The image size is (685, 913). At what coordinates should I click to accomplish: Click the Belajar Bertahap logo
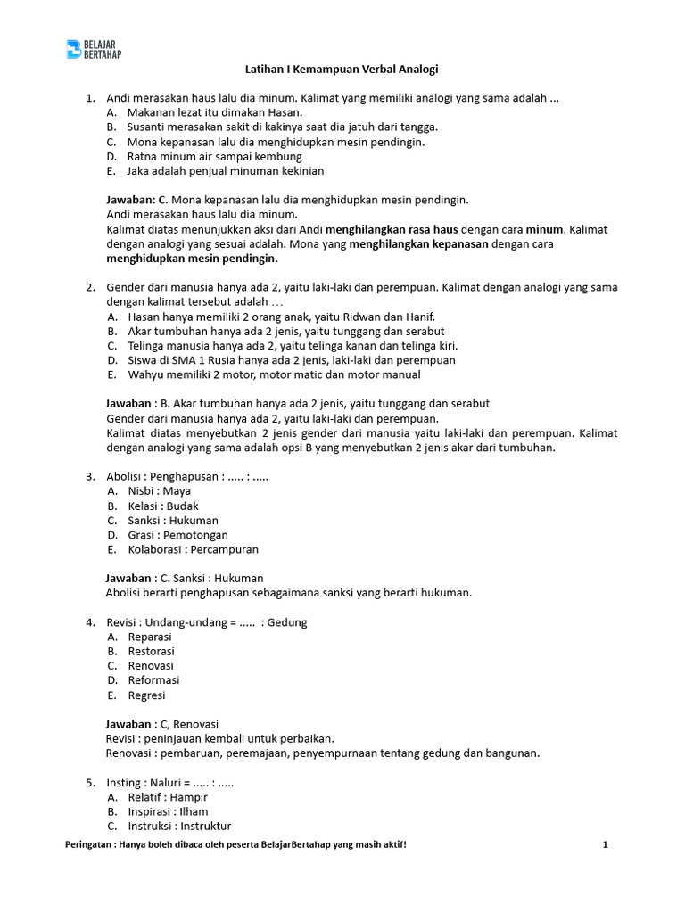[94, 49]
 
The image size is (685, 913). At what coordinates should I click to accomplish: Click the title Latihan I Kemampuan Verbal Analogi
[342, 69]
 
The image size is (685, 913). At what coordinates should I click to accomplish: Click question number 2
[90, 287]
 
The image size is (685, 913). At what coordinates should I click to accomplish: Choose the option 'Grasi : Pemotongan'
[177, 535]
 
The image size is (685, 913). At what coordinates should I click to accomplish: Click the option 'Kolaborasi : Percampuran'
[193, 549]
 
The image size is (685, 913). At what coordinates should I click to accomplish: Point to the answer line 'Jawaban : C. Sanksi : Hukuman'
[185, 578]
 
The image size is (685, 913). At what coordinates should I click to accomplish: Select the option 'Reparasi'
[150, 637]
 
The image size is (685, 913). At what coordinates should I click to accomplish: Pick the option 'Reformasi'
[153, 680]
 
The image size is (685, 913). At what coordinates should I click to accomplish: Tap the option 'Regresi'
[146, 695]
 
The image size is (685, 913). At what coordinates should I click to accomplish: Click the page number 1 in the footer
[605, 844]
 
